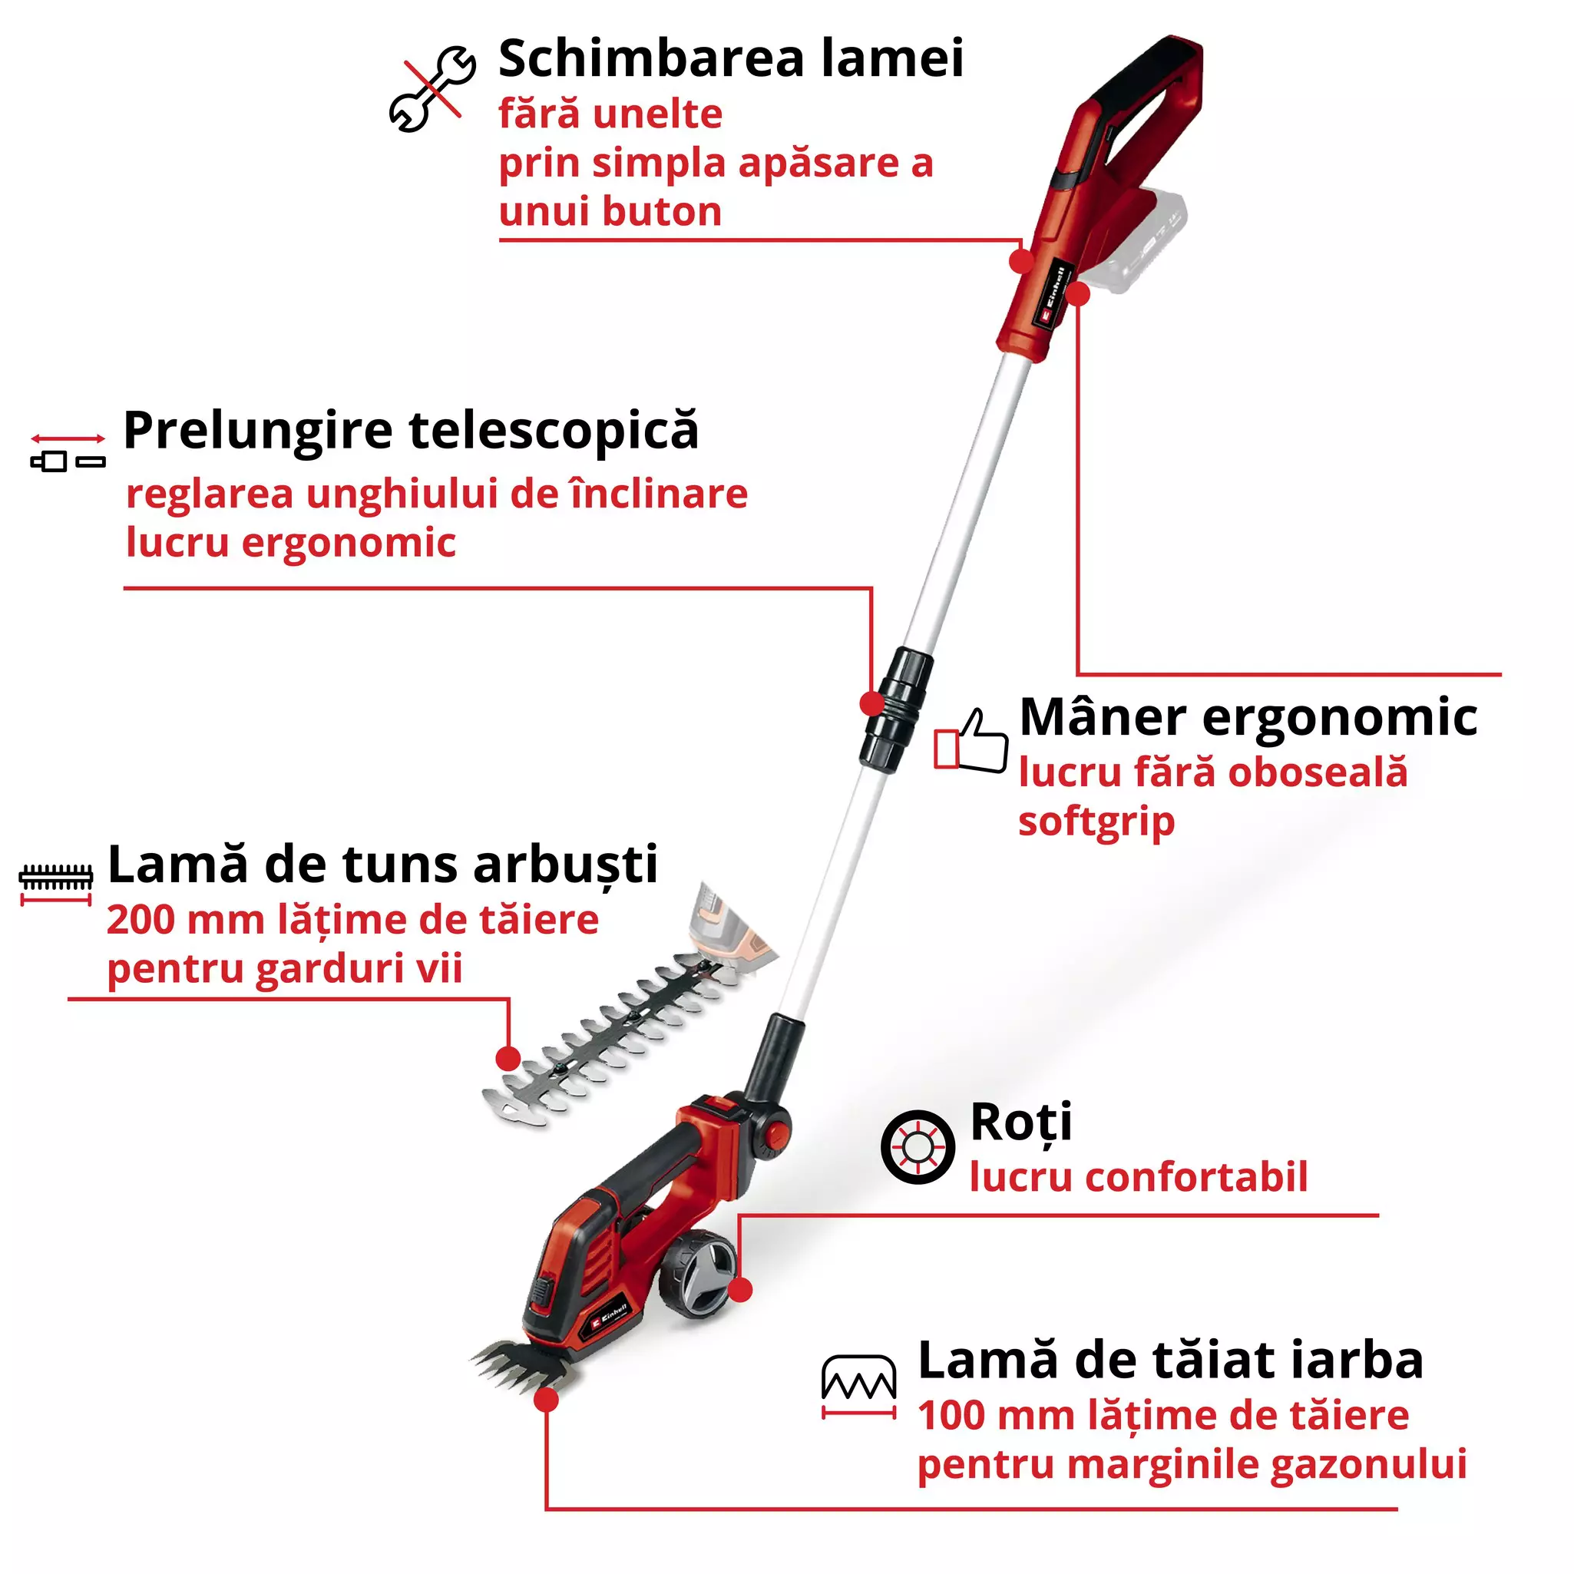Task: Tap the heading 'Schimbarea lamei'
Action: [x=731, y=58]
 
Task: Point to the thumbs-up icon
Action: [x=971, y=742]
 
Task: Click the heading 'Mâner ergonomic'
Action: [x=1248, y=718]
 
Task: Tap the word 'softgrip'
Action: [x=1096, y=822]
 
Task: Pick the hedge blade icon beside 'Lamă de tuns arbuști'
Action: [x=55, y=883]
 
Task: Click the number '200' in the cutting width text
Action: [x=141, y=921]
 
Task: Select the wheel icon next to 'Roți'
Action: [x=918, y=1147]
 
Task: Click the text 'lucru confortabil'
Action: [x=1138, y=1177]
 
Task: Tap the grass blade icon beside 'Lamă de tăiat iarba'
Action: [x=858, y=1387]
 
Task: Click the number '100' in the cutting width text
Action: [x=950, y=1416]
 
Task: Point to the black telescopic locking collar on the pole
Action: [x=895, y=709]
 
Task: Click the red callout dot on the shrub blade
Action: [x=508, y=1059]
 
